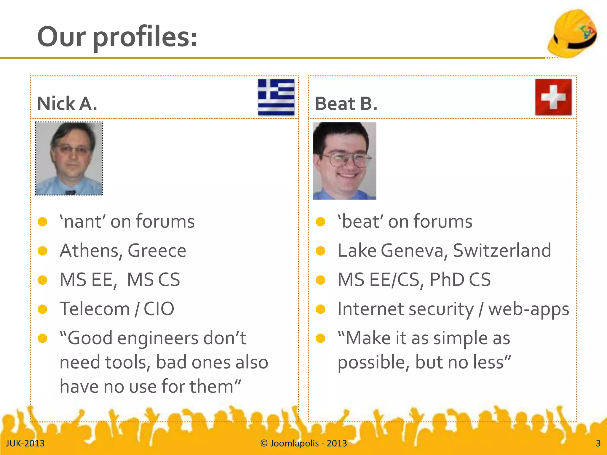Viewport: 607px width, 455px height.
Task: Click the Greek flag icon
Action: point(276,97)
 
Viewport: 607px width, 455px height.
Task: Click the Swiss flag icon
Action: point(553,97)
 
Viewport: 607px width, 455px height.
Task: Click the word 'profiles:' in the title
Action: point(145,37)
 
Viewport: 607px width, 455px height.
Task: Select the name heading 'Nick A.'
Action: point(67,104)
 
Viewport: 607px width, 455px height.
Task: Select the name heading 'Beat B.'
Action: point(346,104)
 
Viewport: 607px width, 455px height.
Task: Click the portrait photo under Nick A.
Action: point(69,158)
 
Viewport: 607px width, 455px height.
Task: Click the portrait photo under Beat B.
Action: point(344,161)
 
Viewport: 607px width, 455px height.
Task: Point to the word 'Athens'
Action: point(91,251)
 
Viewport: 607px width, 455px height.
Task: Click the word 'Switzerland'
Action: point(502,251)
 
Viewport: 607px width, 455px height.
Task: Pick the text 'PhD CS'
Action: point(460,280)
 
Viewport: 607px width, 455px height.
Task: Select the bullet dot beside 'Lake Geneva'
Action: point(320,251)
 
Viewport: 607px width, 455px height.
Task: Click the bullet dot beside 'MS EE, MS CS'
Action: point(43,280)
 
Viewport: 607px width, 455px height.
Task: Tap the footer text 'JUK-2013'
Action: point(25,443)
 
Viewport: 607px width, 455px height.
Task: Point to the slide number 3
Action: point(598,443)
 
